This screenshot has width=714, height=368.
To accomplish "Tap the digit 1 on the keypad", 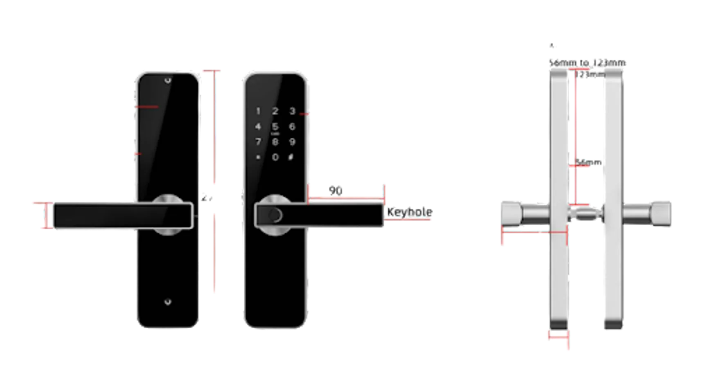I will pos(258,111).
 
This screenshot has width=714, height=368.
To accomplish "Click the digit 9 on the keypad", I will pos(292,142).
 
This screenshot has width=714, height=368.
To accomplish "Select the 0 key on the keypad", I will pos(275,157).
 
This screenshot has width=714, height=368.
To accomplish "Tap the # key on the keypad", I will pos(291,157).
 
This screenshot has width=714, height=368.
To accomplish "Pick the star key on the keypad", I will pos(258,157).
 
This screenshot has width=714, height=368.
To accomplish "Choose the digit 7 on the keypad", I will pos(258,142).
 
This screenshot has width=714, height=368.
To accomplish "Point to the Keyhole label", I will pos(409,213).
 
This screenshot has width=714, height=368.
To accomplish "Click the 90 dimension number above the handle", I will pos(336,191).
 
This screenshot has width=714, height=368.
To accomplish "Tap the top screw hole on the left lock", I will pos(168,81).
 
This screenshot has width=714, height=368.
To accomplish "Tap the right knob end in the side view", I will pos(662,215).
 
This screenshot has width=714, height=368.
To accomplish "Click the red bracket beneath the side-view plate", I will pos(558,337).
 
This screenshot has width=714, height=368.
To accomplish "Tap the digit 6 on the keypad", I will pos(292,127).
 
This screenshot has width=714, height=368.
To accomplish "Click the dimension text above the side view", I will pos(588,63).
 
